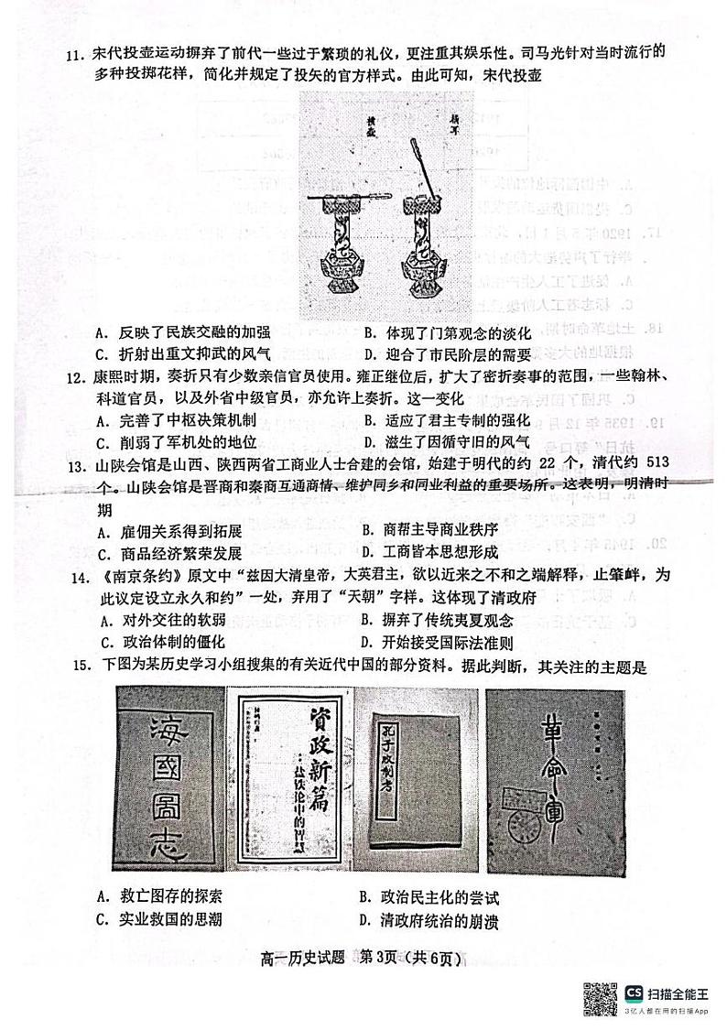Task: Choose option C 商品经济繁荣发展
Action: point(168,552)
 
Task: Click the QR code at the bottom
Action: point(600,996)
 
